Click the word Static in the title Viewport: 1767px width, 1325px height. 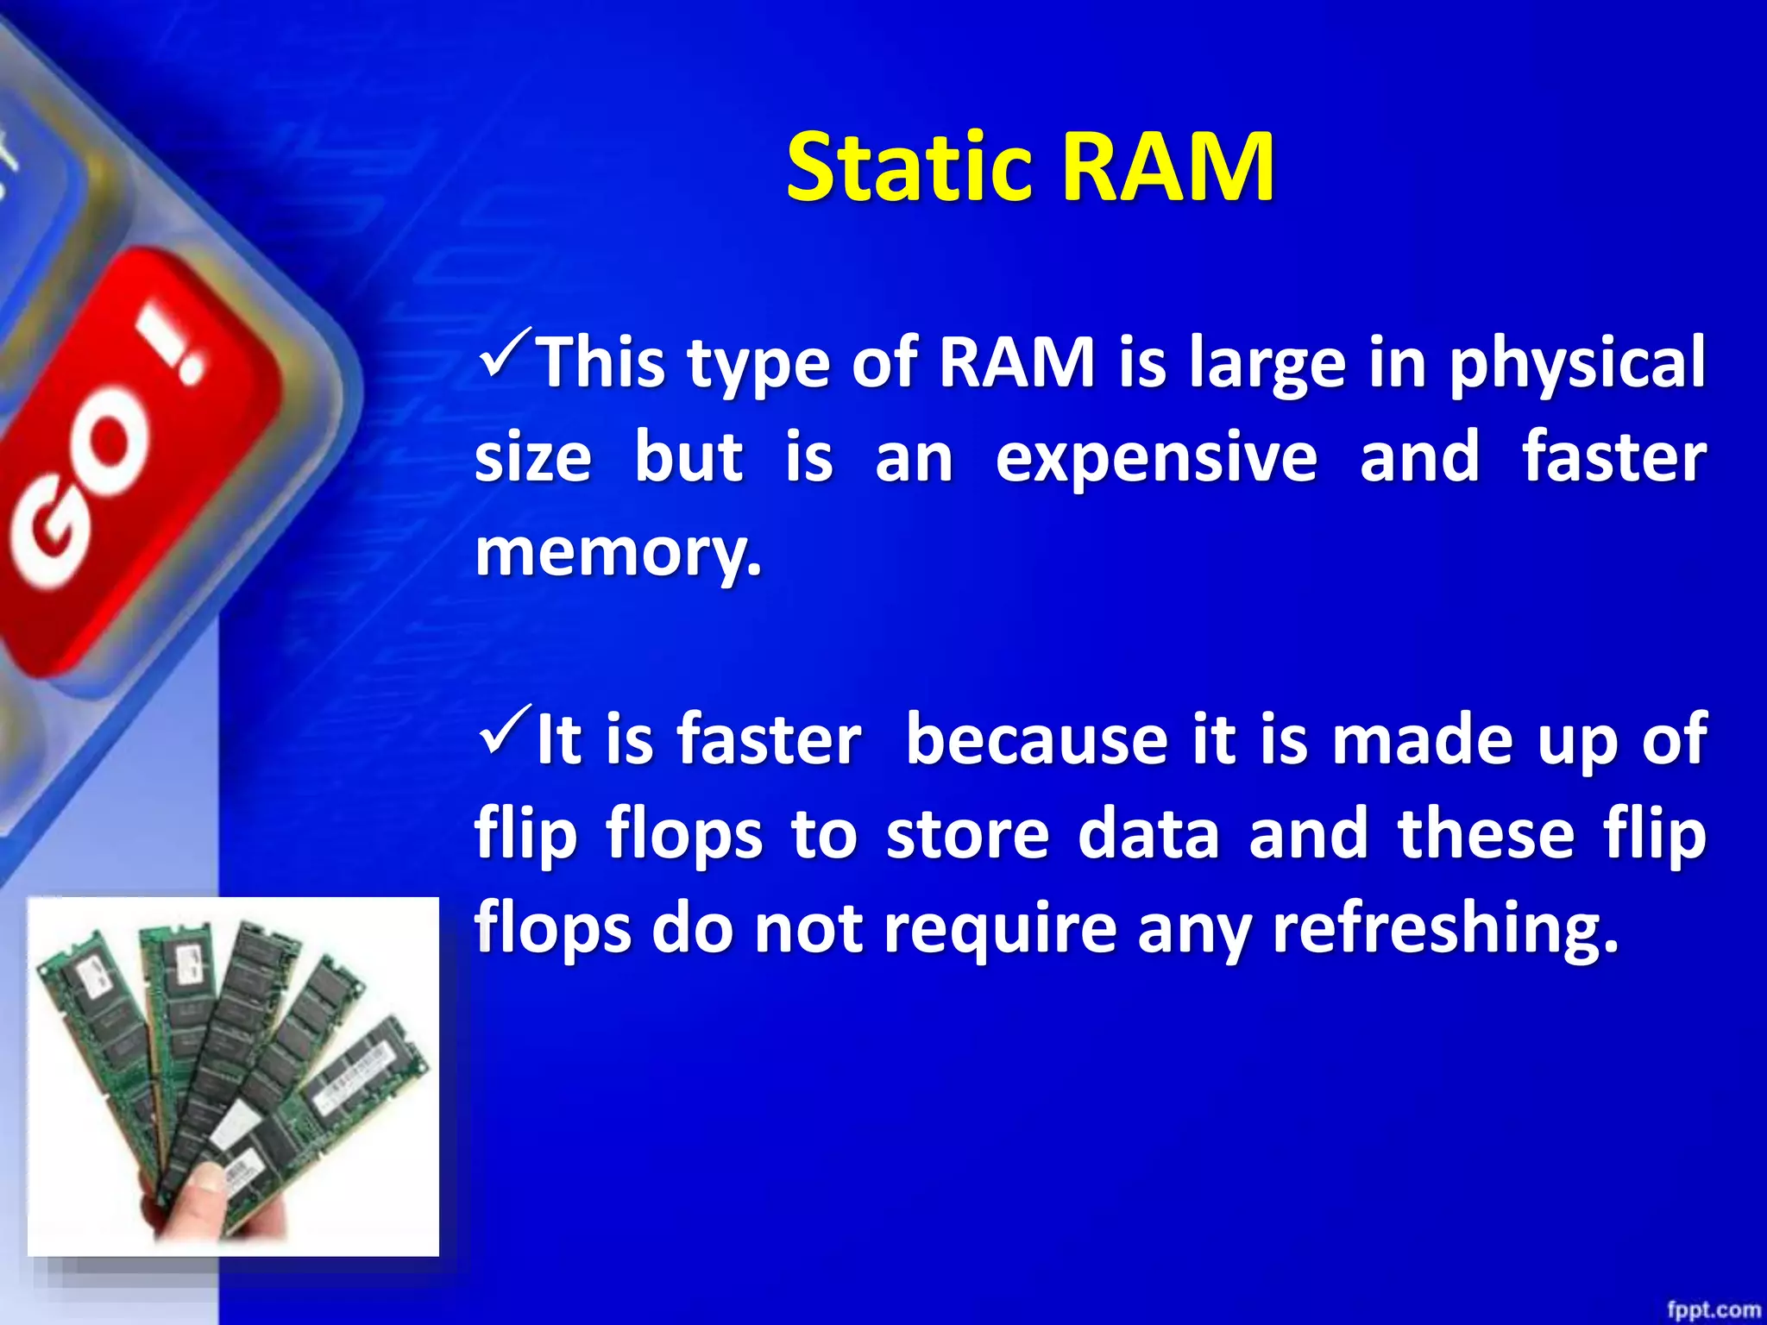(909, 168)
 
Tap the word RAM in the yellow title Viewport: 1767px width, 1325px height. (1166, 168)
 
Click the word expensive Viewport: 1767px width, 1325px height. (1156, 457)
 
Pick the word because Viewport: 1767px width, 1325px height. (1036, 740)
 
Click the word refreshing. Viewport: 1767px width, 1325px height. (1444, 930)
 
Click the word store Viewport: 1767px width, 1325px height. (967, 835)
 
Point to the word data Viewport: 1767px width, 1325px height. (1148, 835)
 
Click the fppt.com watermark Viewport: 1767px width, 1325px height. (1712, 1309)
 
